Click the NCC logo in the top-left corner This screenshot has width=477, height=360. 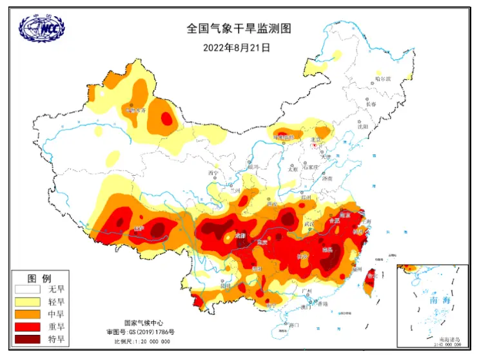click(x=43, y=29)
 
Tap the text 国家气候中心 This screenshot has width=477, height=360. click(x=142, y=323)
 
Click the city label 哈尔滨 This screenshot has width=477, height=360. click(x=383, y=79)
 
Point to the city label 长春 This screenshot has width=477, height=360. click(x=370, y=104)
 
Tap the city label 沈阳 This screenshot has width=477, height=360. click(x=362, y=127)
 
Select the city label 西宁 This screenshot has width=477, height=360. click(x=213, y=173)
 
